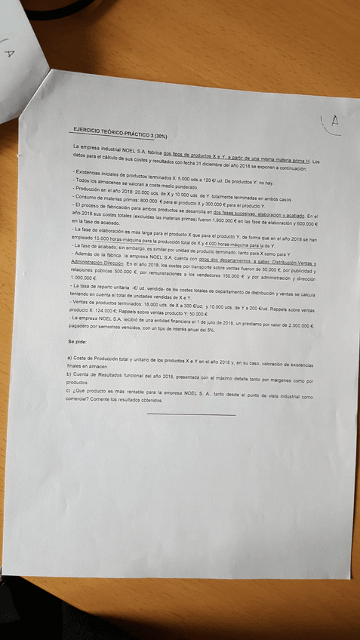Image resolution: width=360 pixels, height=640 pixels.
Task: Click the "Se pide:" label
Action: [x=78, y=341]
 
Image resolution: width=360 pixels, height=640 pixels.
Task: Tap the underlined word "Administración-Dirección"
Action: [x=95, y=263]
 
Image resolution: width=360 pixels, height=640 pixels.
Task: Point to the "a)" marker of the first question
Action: [x=70, y=357]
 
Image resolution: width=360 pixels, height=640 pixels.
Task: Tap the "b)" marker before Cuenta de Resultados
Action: [x=70, y=374]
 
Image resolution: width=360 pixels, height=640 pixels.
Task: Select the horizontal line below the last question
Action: [x=191, y=414]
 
